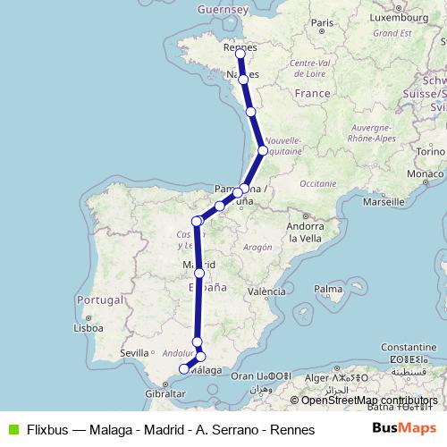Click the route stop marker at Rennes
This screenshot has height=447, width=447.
(240, 54)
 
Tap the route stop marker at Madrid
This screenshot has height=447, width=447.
(199, 274)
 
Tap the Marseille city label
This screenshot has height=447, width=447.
(385, 202)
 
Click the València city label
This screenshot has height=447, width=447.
(267, 291)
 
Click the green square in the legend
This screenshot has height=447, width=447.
(12, 430)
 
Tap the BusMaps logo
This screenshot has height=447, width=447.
(404, 429)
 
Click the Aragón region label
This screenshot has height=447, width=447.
(257, 247)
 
